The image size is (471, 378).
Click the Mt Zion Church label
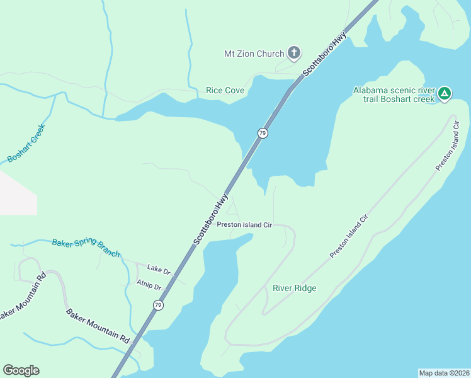[254, 54]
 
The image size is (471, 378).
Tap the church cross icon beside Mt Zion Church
[294, 53]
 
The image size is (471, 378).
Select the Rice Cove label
[225, 91]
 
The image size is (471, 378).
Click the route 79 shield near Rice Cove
[263, 133]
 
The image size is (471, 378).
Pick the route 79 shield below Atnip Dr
[157, 305]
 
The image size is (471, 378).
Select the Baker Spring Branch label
[85, 248]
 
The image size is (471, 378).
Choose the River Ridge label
[294, 289]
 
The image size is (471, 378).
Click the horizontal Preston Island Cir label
[244, 224]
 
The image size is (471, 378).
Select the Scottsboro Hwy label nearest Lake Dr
[210, 219]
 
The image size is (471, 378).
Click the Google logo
[21, 370]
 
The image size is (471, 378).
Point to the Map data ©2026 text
[444, 373]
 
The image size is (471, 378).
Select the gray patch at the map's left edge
[17, 192]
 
